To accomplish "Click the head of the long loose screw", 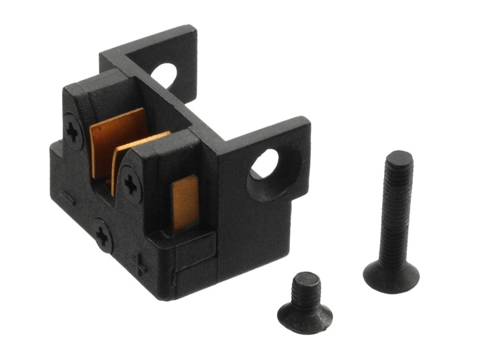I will (391, 276).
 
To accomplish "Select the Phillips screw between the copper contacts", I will (131, 185).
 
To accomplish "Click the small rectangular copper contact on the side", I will (184, 201).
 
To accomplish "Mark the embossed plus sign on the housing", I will (140, 263).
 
